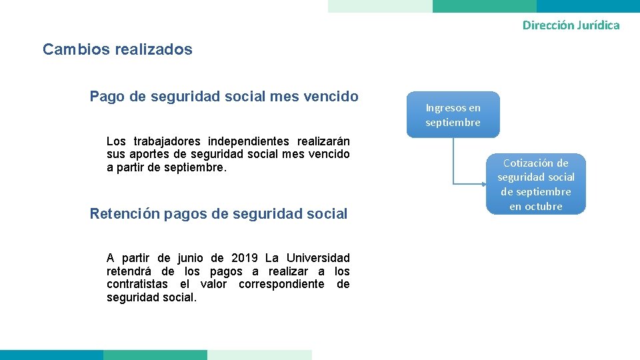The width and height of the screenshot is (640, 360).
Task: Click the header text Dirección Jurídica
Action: pyautogui.click(x=571, y=25)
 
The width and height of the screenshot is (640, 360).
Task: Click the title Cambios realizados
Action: pyautogui.click(x=117, y=49)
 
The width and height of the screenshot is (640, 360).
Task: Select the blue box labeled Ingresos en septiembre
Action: pyautogui.click(x=453, y=115)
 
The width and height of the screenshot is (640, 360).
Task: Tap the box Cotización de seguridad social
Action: pyautogui.click(x=535, y=184)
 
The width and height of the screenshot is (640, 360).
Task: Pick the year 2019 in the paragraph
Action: pyautogui.click(x=244, y=258)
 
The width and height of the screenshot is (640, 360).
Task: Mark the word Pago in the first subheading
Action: pyautogui.click(x=107, y=97)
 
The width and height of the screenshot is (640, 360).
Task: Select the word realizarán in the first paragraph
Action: pyautogui.click(x=323, y=141)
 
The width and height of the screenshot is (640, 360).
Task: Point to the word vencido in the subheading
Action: pyautogui.click(x=332, y=97)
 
